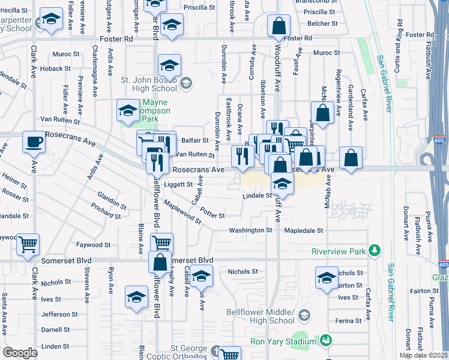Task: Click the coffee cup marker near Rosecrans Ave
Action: pyautogui.click(x=34, y=143)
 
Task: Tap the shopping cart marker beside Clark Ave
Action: pyautogui.click(x=28, y=244)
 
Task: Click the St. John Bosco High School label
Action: pyautogui.click(x=150, y=84)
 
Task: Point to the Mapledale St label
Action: pyautogui.click(x=304, y=230)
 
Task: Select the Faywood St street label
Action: pyautogui.click(x=93, y=245)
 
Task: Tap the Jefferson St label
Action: pyautogui.click(x=56, y=314)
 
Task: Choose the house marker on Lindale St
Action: pyautogui.click(x=281, y=184)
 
